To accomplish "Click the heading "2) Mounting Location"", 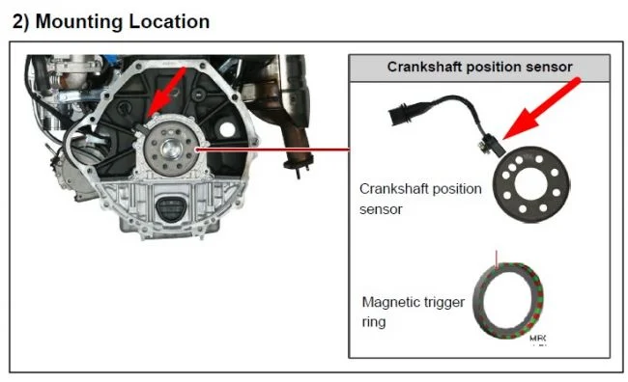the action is tap(111, 21).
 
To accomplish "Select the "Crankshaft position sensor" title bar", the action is tap(479, 68).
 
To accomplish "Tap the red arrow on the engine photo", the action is tap(166, 92).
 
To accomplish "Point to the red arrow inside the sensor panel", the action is tap(541, 109).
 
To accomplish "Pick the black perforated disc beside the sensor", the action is tap(531, 183).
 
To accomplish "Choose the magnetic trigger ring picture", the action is tap(508, 301).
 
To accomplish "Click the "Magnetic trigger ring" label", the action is tap(413, 312).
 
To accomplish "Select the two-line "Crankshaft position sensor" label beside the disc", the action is tap(420, 199).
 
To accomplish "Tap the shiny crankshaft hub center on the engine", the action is tap(171, 149).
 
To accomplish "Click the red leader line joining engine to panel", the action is tap(272, 150).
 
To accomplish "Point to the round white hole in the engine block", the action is tap(227, 129).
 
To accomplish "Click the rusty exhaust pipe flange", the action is tap(298, 164).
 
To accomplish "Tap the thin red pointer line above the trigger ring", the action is tap(497, 259).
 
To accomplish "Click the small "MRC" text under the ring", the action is tap(537, 339).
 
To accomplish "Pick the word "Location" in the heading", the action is tap(169, 21).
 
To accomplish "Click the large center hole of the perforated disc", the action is tap(530, 184).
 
